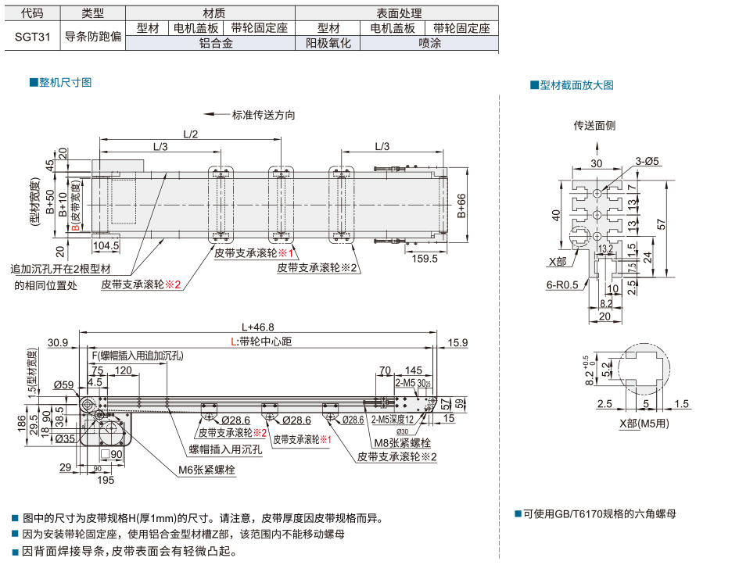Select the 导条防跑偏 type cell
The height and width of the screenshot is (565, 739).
(x=92, y=35)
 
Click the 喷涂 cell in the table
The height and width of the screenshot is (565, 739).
(x=429, y=43)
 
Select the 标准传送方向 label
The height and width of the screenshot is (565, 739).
(x=264, y=115)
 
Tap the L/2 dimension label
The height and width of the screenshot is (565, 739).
(x=191, y=134)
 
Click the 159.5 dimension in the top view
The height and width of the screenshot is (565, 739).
(x=424, y=259)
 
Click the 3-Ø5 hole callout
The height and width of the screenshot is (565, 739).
(x=647, y=161)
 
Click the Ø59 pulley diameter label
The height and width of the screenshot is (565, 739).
(x=63, y=384)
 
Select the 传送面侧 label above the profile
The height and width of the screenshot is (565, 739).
(x=594, y=125)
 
